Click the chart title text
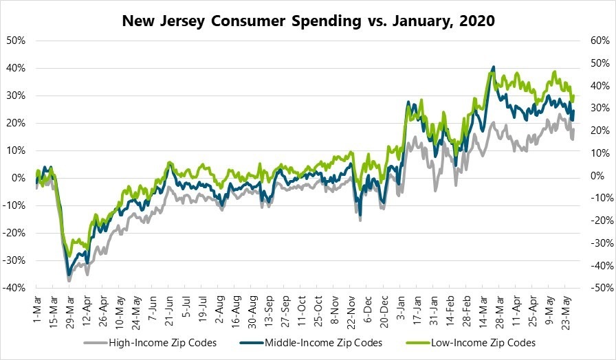point(308,21)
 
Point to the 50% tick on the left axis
point(16,40)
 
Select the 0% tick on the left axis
point(19,178)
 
